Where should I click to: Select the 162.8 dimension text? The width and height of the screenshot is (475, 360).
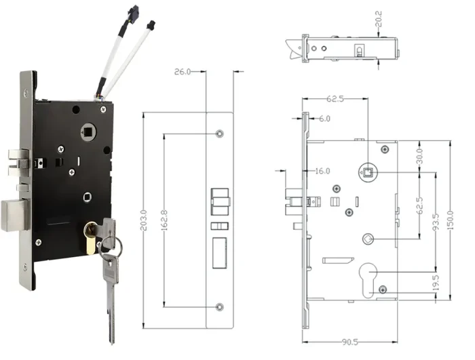click(x=165, y=220)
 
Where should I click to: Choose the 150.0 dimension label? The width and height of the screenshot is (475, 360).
click(x=449, y=219)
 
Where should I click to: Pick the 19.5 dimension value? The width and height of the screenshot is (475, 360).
click(x=435, y=281)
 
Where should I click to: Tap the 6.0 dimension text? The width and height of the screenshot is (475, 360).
click(x=325, y=119)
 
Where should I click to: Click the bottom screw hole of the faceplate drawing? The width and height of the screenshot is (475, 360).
click(x=218, y=307)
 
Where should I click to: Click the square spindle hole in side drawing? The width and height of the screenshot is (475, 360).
click(x=367, y=172)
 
